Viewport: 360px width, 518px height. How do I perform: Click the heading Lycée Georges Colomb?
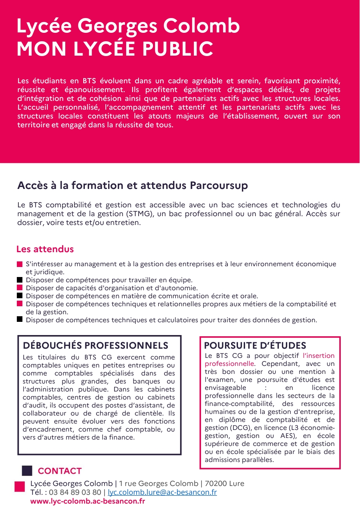[x=128, y=26]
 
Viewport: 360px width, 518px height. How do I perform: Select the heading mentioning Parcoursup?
[x=133, y=186]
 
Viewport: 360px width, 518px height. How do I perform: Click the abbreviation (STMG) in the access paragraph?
[x=140, y=214]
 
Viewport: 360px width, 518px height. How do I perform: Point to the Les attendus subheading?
[x=45, y=249]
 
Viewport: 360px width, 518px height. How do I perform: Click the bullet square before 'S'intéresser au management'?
[x=20, y=264]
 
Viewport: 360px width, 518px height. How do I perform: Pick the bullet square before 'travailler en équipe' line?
[x=20, y=280]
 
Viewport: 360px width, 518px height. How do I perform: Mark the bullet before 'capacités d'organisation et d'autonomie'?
[x=20, y=288]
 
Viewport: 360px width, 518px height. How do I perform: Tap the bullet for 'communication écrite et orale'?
[x=20, y=296]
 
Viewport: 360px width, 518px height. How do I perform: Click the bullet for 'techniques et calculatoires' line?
[x=20, y=319]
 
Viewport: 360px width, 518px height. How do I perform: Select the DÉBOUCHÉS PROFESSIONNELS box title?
[x=96, y=345]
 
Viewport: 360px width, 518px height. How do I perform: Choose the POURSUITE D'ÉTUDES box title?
[x=255, y=345]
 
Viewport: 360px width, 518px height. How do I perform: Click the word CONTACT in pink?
[x=60, y=471]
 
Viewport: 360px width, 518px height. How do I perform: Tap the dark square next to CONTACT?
[x=27, y=471]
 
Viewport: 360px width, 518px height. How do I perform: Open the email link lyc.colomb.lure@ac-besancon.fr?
[x=162, y=492]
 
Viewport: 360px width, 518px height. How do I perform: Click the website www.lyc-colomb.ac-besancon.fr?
[x=88, y=501]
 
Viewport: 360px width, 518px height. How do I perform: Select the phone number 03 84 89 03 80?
[x=75, y=492]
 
